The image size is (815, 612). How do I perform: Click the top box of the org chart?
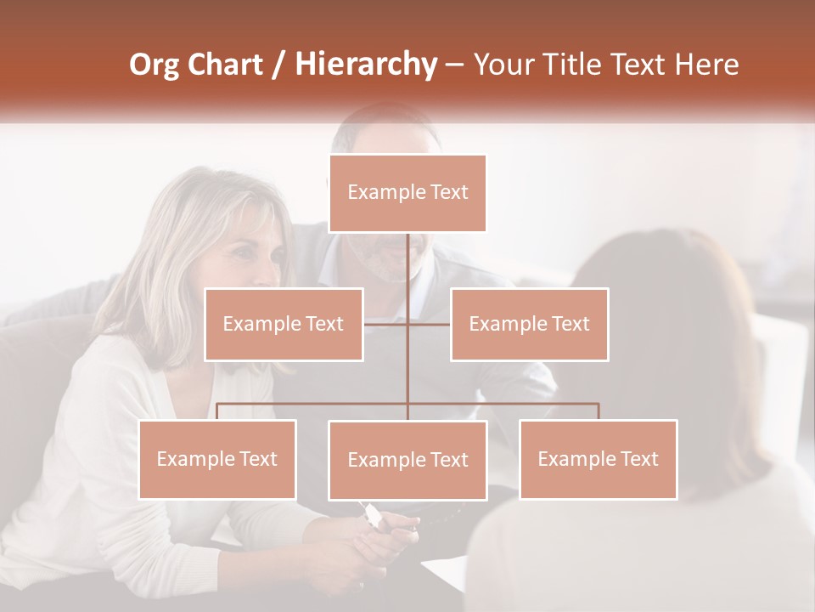407,193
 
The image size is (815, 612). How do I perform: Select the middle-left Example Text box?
284,324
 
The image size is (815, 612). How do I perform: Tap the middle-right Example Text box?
529,324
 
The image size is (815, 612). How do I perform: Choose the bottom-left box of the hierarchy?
217,459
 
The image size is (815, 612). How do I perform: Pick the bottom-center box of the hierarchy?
407,460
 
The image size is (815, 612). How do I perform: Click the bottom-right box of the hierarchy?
598,459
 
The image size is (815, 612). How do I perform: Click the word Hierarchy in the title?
366,65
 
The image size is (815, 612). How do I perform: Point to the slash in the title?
278,65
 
